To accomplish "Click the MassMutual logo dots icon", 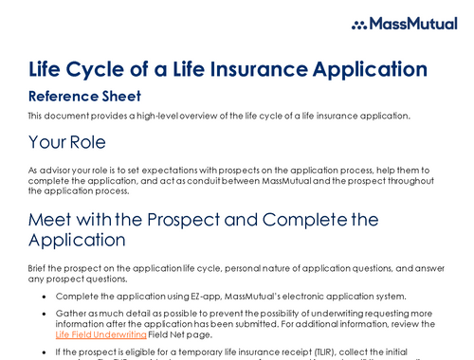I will (361, 25).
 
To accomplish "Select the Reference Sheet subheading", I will (84, 96).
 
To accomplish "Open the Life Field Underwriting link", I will (101, 334).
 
